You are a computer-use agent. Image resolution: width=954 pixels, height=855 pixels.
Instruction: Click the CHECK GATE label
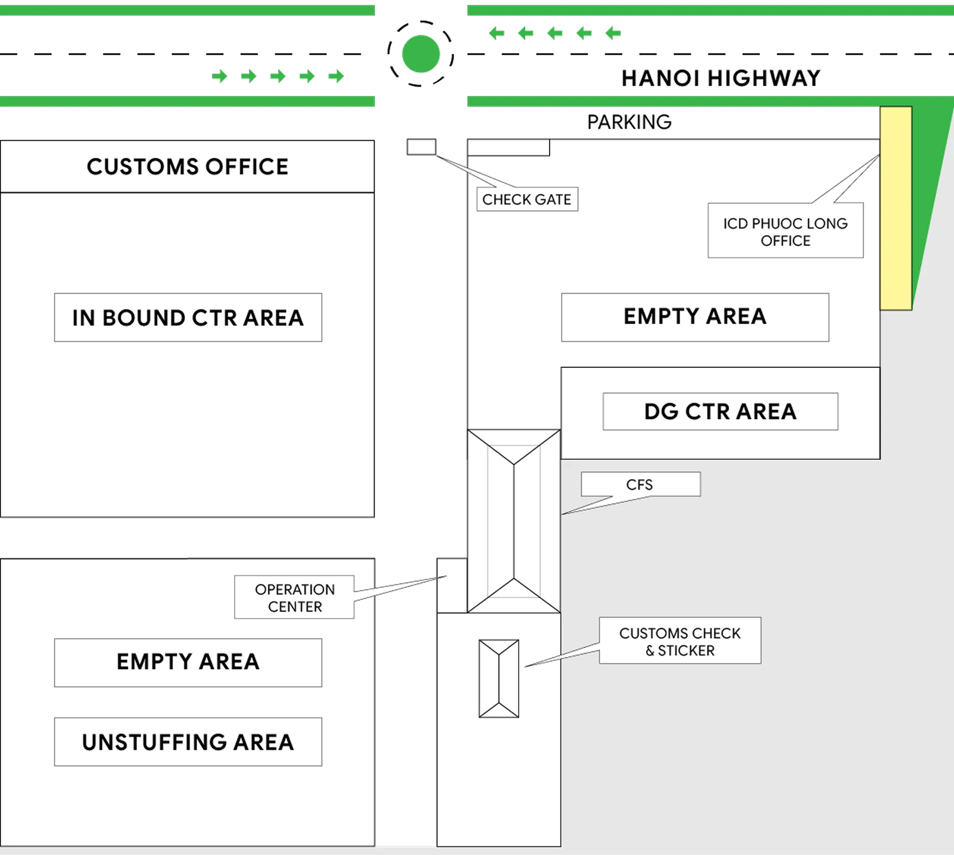[x=526, y=199]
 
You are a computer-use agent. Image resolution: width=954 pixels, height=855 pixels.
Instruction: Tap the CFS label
[x=640, y=484]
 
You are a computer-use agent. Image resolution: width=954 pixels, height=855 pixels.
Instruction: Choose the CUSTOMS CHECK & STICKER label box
[x=680, y=641]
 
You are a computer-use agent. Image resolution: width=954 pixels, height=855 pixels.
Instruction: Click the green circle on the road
[x=421, y=54]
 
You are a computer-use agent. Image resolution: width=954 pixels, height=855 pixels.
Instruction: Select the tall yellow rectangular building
[x=895, y=209]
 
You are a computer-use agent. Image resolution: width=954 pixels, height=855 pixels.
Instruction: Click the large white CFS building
[x=513, y=521]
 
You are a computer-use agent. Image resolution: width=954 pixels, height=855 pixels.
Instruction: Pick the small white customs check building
[x=498, y=679]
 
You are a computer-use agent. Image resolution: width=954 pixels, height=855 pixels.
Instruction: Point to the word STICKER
[x=686, y=650]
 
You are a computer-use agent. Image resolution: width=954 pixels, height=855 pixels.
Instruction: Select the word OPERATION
[x=295, y=589]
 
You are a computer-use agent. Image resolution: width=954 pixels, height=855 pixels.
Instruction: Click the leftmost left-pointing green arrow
[x=497, y=34]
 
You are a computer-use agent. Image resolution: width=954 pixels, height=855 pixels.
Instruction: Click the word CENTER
[x=295, y=606]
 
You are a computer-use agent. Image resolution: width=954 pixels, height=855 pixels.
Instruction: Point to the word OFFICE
[x=785, y=241]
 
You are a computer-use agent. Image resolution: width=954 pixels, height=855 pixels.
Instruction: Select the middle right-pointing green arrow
[x=278, y=76]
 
